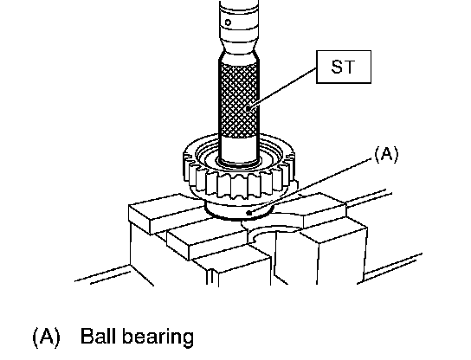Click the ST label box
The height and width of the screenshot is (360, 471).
point(344,67)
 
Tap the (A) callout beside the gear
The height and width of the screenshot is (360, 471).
point(386,155)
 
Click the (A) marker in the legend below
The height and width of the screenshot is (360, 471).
point(46,337)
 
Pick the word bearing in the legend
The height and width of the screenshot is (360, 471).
point(158,337)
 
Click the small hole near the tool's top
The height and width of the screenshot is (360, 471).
point(228,22)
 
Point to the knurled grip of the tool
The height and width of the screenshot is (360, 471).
point(239,99)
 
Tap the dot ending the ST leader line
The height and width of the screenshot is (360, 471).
point(248,108)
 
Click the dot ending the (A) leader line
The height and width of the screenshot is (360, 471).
point(248,213)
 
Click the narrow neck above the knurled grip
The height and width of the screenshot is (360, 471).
point(240,53)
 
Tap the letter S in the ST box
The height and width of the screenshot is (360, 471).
point(337,67)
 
